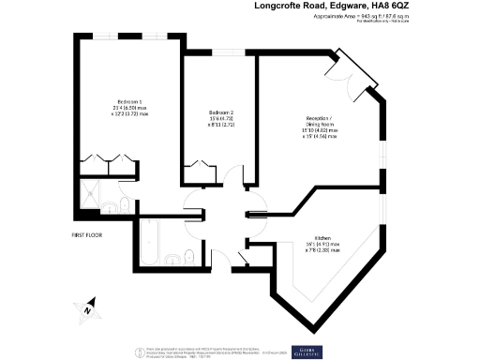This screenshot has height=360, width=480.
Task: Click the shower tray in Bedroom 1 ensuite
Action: click(x=91, y=195)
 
